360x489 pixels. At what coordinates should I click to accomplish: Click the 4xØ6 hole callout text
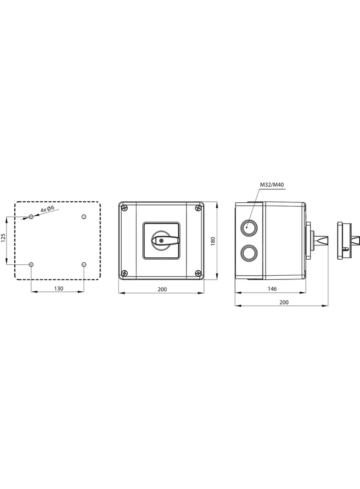(x=48, y=209)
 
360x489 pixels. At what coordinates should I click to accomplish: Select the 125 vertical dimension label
(x=3, y=238)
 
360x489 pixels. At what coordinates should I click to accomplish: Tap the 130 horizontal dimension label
(x=58, y=289)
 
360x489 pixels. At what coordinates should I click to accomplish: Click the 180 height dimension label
(x=213, y=241)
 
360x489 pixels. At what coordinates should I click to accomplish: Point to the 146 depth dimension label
(x=272, y=289)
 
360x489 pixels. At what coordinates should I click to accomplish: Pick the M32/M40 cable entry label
(x=272, y=185)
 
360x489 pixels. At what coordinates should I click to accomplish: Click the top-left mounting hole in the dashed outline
(x=31, y=217)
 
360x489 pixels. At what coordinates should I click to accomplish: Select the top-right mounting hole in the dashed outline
(x=84, y=217)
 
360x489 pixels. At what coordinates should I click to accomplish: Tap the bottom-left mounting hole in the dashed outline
(x=31, y=265)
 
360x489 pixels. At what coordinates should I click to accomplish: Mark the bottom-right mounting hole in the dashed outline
(x=84, y=265)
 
